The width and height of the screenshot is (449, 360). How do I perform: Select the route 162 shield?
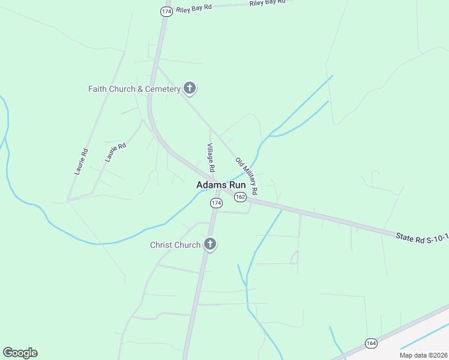pos(240,197)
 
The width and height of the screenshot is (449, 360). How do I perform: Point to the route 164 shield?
pos(371,343)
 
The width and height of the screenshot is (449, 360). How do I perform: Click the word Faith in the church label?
pos(97,89)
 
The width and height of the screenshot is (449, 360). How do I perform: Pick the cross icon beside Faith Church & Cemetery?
pos(190,89)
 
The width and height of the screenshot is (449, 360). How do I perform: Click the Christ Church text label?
pos(175,245)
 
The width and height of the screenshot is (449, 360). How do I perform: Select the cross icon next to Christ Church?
pos(209,244)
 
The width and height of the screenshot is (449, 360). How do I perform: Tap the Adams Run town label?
pos(221,185)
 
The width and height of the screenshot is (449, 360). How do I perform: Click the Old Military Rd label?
pos(247,176)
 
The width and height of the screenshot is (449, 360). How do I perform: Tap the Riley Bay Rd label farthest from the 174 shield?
pos(268,2)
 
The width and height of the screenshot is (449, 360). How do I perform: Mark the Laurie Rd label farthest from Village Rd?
pos(81,161)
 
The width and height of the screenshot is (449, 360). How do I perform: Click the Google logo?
pos(20,353)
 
